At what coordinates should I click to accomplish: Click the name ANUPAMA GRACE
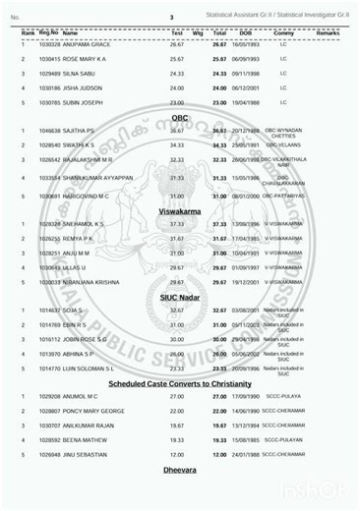(84, 45)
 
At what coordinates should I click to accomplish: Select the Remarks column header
(328, 32)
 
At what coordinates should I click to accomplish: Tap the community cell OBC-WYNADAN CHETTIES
(283, 132)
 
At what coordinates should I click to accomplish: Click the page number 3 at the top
(170, 18)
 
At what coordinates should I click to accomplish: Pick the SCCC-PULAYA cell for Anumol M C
(283, 396)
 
